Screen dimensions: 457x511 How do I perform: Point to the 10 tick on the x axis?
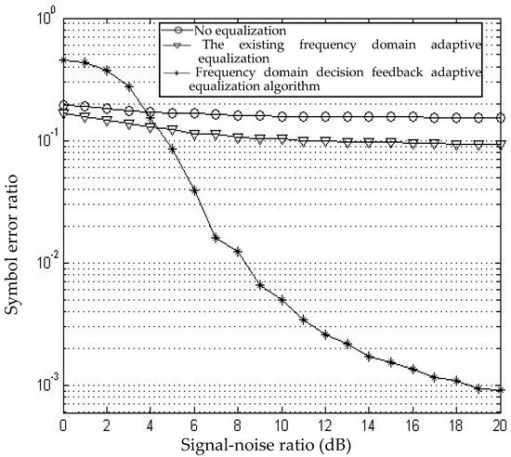click(x=282, y=414)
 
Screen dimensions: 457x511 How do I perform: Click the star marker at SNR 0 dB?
click(x=62, y=60)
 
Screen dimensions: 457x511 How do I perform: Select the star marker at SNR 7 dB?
click(x=216, y=238)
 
